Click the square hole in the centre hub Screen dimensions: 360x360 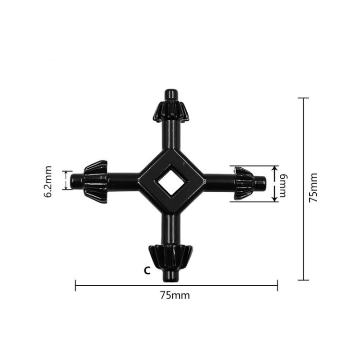click(x=170, y=182)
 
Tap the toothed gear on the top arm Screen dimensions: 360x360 click(x=170, y=111)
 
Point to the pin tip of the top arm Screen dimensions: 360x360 click(x=170, y=93)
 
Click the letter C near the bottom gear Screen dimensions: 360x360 click(x=147, y=270)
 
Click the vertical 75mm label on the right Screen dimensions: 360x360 click(x=313, y=188)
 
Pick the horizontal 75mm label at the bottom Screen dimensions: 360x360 click(x=175, y=295)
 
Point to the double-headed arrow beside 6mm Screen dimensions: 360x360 click(x=274, y=184)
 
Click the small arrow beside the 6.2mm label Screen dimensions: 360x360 click(x=64, y=180)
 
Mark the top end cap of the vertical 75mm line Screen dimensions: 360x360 click(x=303, y=98)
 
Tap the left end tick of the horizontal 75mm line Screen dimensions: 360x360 click(x=76, y=286)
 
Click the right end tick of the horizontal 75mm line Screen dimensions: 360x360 click(x=277, y=286)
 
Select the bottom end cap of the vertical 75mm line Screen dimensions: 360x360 click(x=303, y=280)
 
